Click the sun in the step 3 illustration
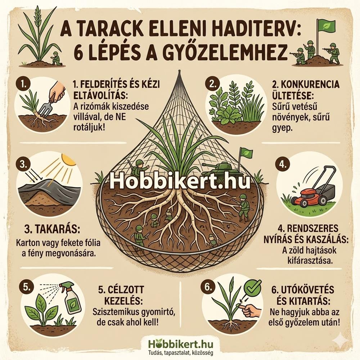[x=68, y=159]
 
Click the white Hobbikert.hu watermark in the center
[x=180, y=182]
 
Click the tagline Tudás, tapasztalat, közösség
[x=180, y=352]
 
